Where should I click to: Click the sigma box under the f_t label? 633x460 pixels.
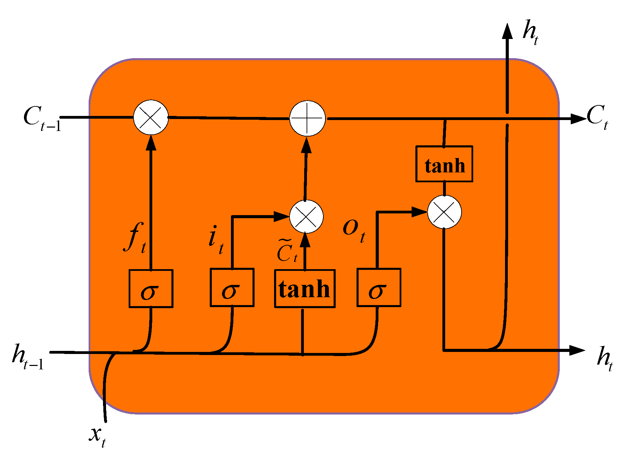point(151,288)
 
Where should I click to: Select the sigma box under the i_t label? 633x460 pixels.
point(232,287)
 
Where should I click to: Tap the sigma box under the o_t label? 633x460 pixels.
point(379,287)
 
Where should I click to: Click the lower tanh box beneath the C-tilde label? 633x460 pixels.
point(305,289)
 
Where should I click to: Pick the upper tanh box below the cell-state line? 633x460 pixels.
point(444,164)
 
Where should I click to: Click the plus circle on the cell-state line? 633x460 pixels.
point(307,118)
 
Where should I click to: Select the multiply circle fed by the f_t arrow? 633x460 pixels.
point(151,117)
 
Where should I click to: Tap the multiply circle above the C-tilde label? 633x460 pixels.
point(306,216)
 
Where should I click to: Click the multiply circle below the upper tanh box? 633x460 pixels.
point(444,212)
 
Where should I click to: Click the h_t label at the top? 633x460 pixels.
point(530,32)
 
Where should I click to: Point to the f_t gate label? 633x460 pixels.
point(135,238)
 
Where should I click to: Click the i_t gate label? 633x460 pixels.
point(216,239)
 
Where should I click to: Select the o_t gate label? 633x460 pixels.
point(354,230)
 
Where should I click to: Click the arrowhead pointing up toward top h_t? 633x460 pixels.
point(507,31)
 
